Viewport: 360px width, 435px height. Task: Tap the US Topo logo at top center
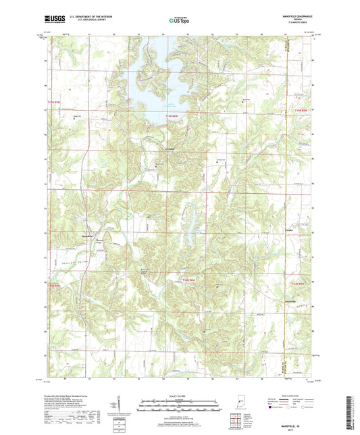coord(179,21)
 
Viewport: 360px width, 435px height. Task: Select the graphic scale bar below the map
coord(179,407)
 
